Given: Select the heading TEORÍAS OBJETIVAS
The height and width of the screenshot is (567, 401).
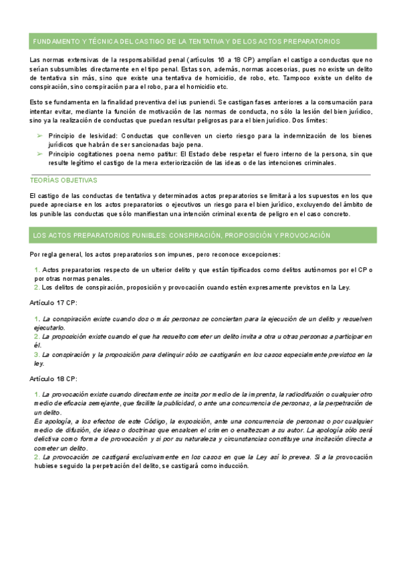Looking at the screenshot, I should point(63,181).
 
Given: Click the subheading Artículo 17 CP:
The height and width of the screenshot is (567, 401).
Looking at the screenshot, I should point(53,302).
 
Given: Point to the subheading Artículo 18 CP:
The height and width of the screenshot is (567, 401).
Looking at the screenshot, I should point(53,378).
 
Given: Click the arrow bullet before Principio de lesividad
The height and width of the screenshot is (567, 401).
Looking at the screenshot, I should point(39,136).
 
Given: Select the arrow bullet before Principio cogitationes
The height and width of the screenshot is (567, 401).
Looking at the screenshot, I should point(39,154).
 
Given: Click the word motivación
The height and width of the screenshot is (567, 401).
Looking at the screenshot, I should point(174,112).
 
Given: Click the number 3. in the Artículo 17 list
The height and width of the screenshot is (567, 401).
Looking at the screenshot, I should point(37,354).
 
